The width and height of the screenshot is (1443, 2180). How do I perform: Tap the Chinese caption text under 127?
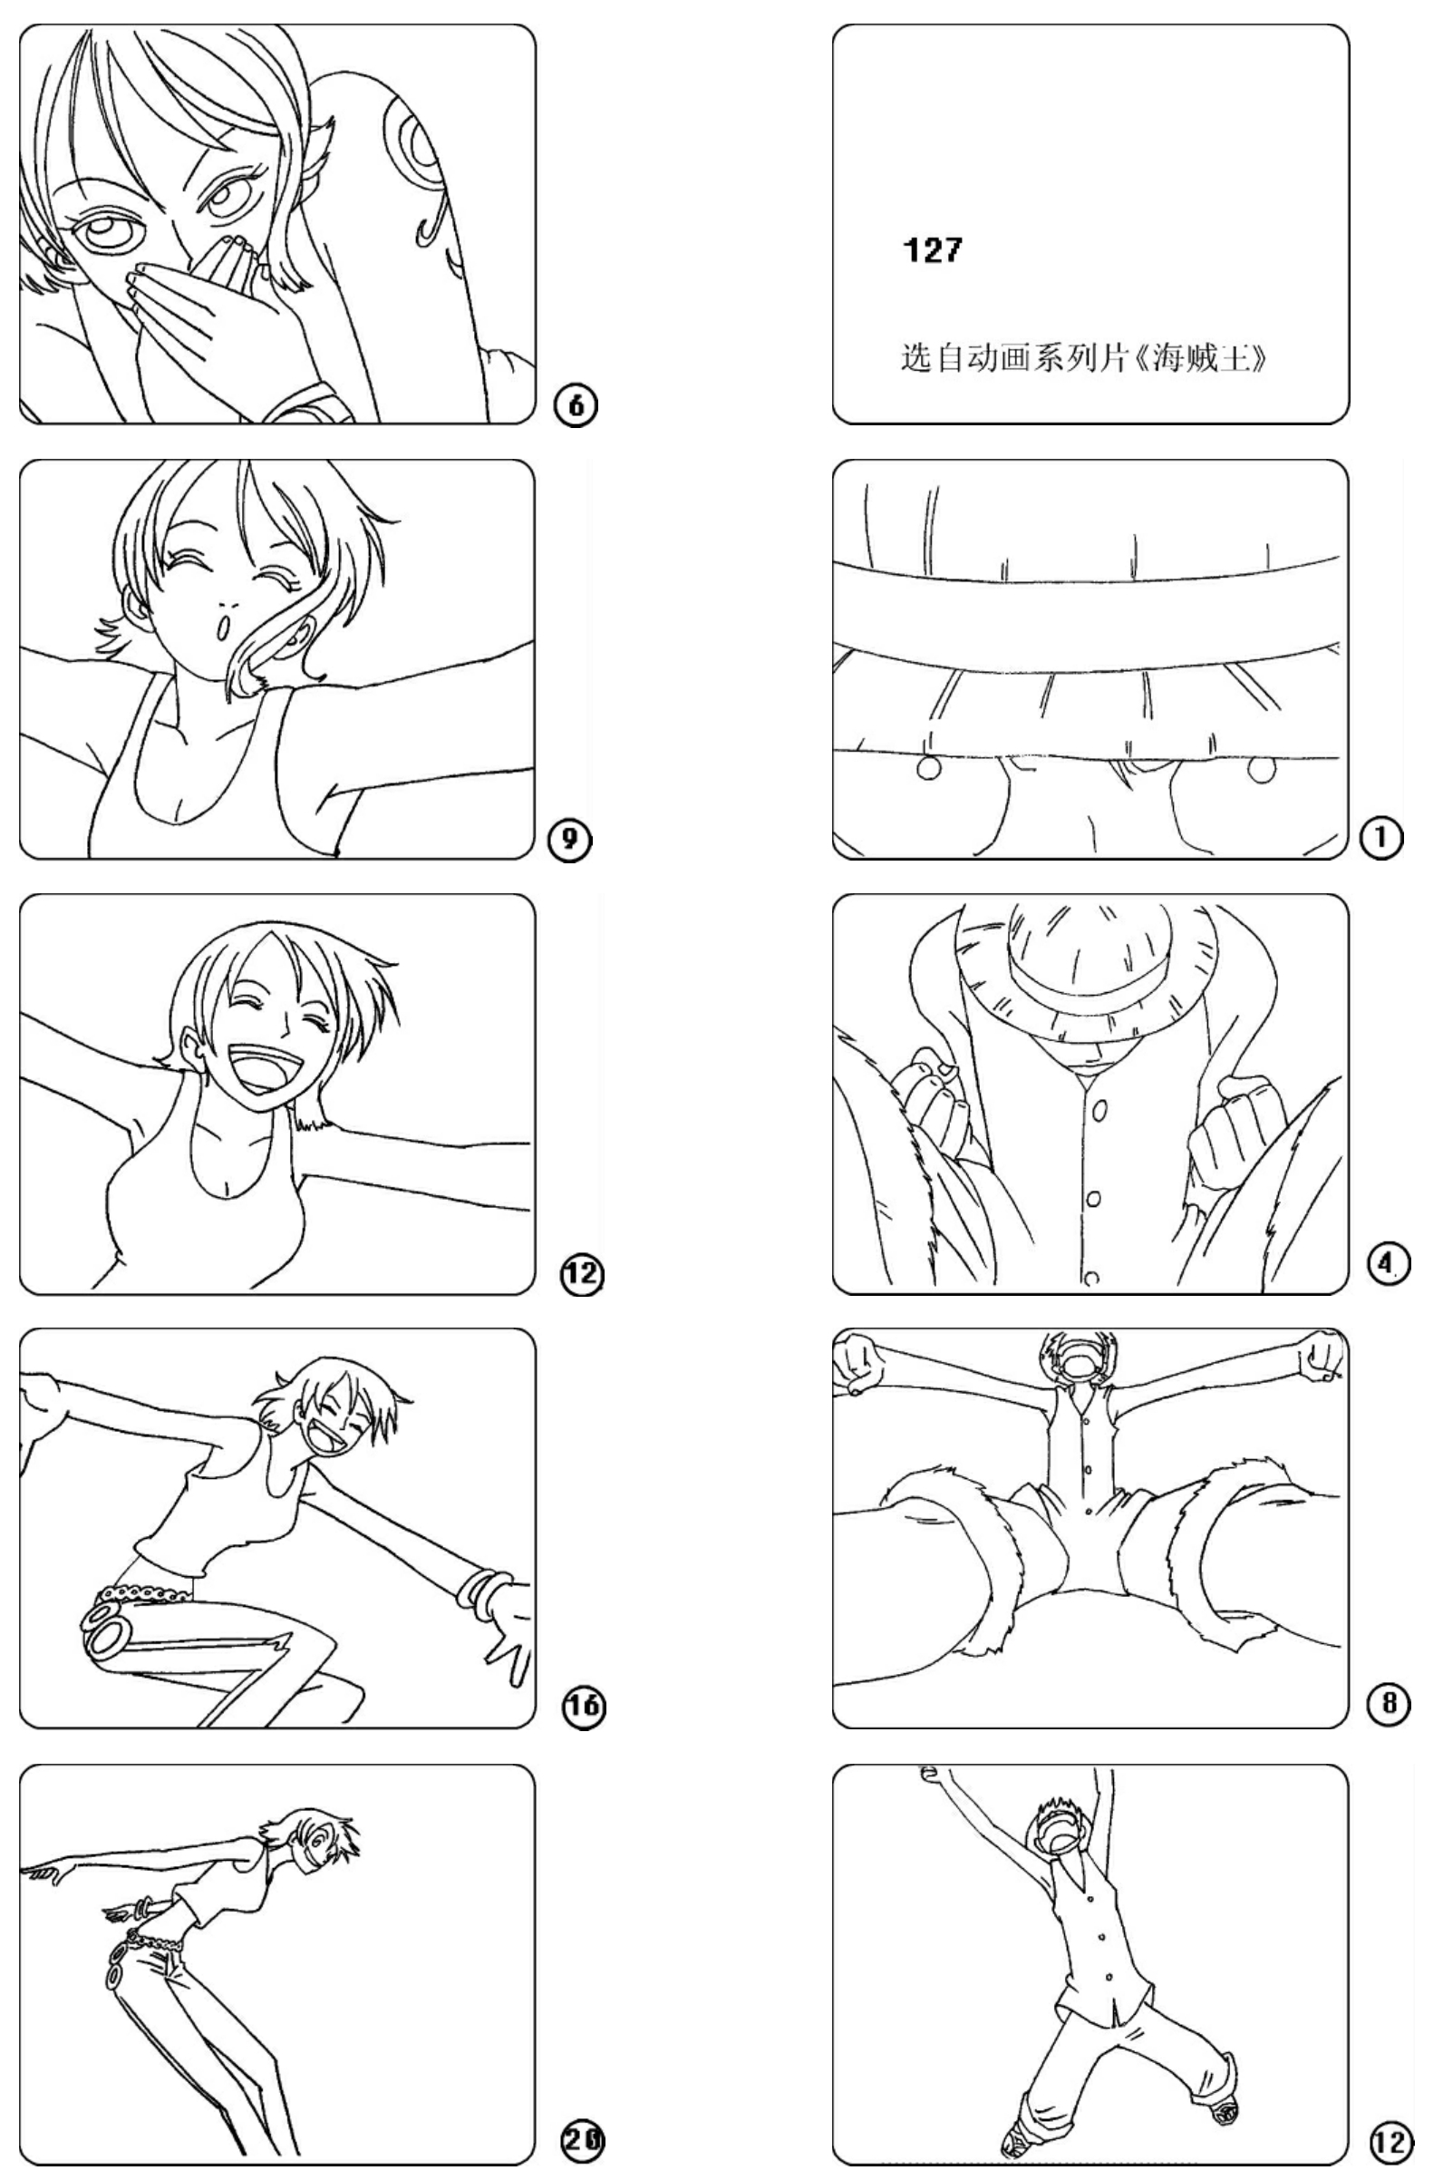[1083, 357]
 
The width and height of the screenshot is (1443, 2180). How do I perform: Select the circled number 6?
[576, 405]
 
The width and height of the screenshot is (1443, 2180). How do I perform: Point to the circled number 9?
[570, 840]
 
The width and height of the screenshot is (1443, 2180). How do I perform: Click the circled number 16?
[584, 1707]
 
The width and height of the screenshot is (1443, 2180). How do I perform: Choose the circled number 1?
[1382, 839]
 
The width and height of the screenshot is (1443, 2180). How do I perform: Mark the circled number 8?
[1389, 1704]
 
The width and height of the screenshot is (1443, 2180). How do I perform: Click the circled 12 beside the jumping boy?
[1390, 2141]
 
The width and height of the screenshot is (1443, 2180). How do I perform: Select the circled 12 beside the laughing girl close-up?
[583, 1275]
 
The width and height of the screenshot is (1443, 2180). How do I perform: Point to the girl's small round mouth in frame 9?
[221, 626]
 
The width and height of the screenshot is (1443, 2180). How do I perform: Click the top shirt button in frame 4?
[1098, 1111]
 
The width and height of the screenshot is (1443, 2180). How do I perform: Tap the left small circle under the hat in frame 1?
[928, 767]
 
